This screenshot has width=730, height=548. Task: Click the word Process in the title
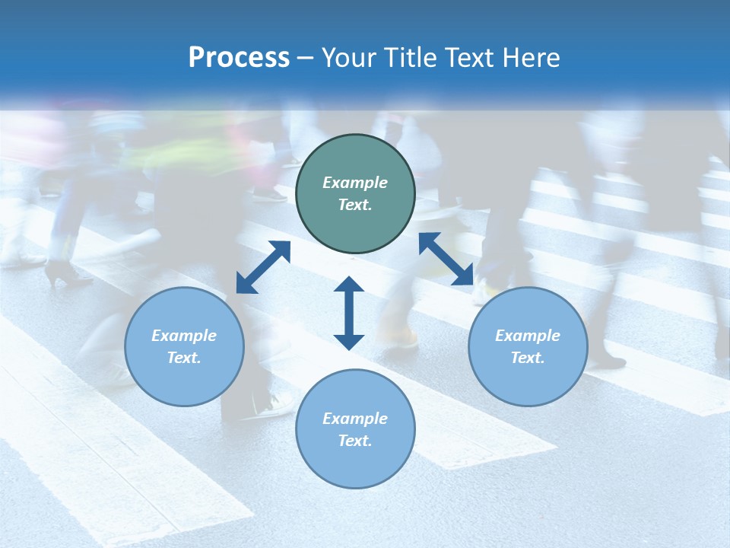tap(239, 58)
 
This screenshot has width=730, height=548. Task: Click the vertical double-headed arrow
tap(349, 313)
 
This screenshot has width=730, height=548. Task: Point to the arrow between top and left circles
tap(263, 267)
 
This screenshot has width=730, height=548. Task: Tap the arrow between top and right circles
tap(446, 260)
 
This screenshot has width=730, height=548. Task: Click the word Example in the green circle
tap(355, 183)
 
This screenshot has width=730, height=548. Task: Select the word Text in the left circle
tap(184, 358)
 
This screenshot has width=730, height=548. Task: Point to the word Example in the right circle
tap(528, 336)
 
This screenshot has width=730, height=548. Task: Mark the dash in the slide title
tap(306, 59)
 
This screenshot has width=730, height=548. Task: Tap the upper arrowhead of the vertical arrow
tap(349, 285)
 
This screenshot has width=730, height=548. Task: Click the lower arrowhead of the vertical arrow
tap(349, 340)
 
